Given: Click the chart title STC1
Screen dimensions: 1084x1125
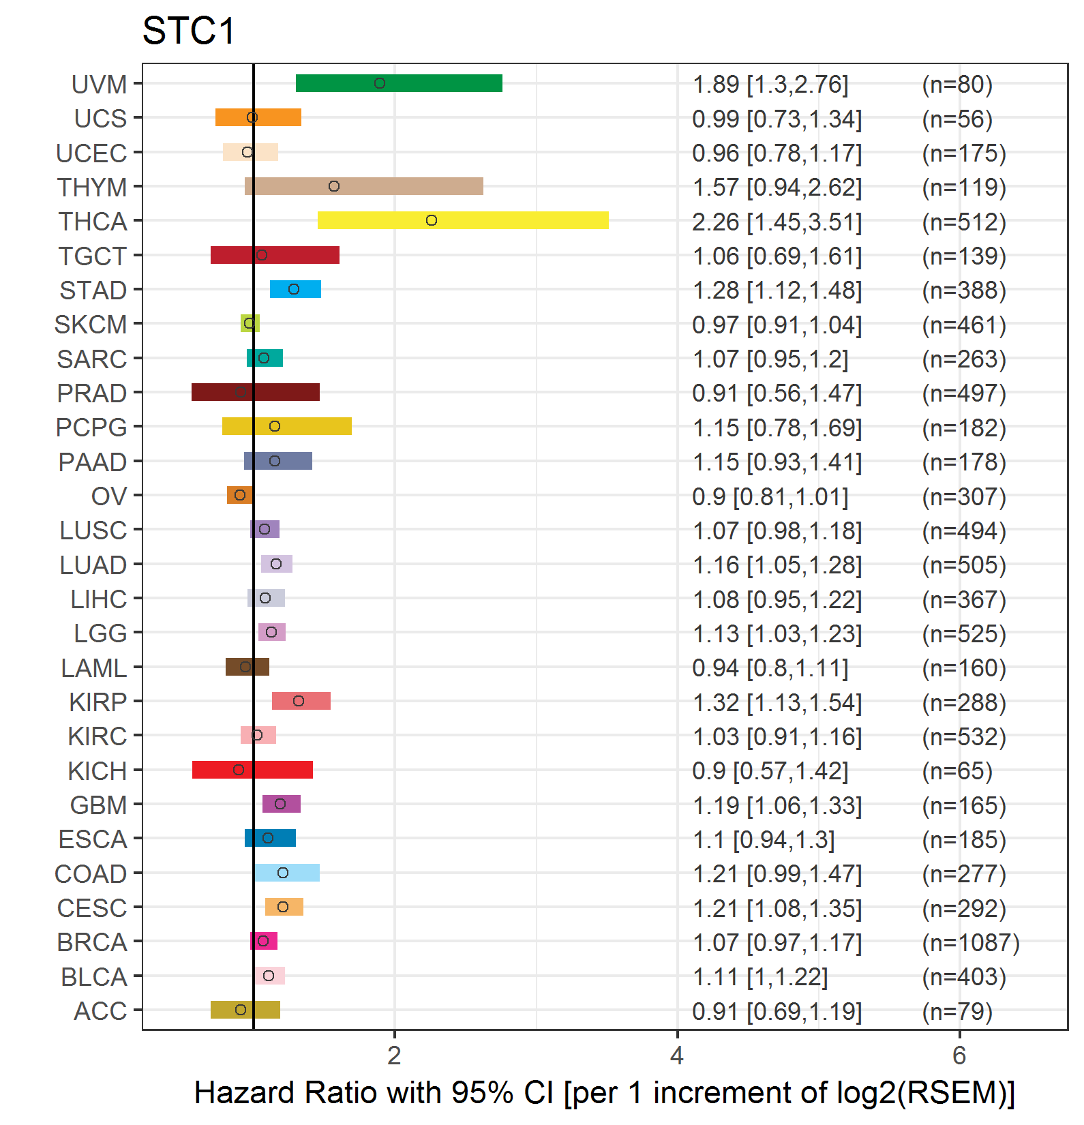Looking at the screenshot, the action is (x=188, y=31).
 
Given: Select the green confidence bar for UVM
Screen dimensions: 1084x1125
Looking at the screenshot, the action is (x=399, y=83).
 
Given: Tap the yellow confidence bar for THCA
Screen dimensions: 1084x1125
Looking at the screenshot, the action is (x=463, y=220).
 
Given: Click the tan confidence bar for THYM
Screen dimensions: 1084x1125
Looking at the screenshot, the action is (x=364, y=186).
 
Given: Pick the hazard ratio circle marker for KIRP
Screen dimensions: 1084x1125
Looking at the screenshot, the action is (x=299, y=701).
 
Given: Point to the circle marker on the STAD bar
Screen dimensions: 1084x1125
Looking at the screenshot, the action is (x=294, y=289).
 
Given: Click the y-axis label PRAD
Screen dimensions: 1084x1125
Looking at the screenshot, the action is (x=92, y=393).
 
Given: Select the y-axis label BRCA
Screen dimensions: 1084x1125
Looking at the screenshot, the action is (x=92, y=942).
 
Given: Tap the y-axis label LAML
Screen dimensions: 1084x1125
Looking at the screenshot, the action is (x=94, y=668).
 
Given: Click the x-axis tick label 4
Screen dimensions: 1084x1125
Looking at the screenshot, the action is (x=677, y=1056).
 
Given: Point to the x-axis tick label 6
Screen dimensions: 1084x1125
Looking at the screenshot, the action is (x=959, y=1056).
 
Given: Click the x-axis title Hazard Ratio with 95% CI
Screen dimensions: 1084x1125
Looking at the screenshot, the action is (x=374, y=1093).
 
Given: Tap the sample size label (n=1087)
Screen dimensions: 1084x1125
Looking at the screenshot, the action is (x=971, y=943).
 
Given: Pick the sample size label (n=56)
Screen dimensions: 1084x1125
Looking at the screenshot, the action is (x=957, y=119).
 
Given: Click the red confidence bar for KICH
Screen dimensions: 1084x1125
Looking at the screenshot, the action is (x=252, y=770).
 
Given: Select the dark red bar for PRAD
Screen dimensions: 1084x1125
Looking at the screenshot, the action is (x=256, y=392).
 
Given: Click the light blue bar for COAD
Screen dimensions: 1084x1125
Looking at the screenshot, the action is (x=287, y=873).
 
